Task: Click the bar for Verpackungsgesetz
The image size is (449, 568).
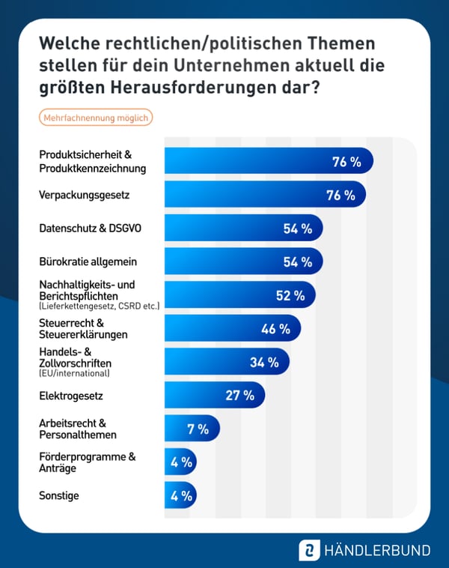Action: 265,196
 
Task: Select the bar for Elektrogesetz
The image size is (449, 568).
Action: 214,396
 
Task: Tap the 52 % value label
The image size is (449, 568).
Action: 290,296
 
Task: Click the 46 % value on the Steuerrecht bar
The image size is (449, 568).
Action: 275,329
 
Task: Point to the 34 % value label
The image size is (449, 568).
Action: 264,363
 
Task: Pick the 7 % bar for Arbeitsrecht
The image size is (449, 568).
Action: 192,429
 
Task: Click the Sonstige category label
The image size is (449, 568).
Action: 58,495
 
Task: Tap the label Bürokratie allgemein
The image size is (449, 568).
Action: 77,262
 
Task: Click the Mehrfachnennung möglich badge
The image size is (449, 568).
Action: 95,118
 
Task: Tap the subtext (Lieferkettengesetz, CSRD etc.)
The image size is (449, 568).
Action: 99,306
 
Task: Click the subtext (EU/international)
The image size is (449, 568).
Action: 74,373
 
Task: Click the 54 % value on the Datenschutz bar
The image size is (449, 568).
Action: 297,229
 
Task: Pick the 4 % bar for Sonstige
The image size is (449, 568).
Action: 180,496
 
